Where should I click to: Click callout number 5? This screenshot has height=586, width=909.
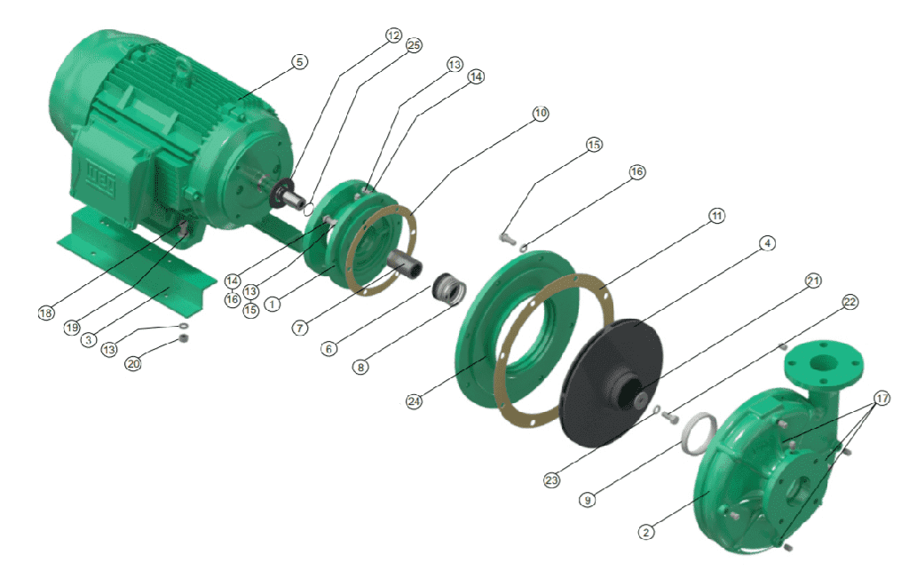coord(299,61)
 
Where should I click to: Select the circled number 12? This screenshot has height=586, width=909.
coord(393,36)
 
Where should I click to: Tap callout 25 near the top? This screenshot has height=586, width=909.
coord(414,45)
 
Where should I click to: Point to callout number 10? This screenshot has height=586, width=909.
coord(541,113)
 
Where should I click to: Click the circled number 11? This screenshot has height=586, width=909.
coord(717,216)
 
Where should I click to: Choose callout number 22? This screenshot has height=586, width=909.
coord(850,302)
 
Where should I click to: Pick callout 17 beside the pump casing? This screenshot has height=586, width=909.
coord(881,398)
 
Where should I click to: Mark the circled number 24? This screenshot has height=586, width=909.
coord(414,401)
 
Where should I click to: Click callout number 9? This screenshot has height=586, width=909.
coord(588,500)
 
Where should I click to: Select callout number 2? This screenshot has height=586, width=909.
coord(646,532)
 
